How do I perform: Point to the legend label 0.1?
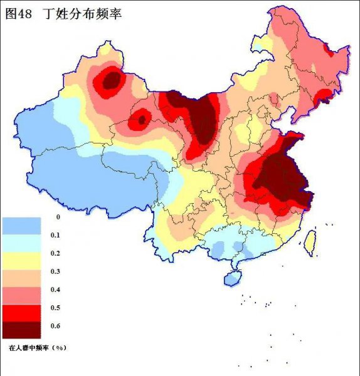point(55,235)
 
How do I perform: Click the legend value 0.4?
point(55,290)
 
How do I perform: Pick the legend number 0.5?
point(55,308)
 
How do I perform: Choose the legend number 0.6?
point(55,326)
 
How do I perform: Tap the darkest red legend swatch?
point(21,330)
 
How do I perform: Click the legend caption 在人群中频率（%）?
point(38,347)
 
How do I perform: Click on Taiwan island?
point(310,242)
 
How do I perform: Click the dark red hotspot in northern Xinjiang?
point(112,80)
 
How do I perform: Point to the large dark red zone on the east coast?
point(282,175)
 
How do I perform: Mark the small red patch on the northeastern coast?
point(324,95)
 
